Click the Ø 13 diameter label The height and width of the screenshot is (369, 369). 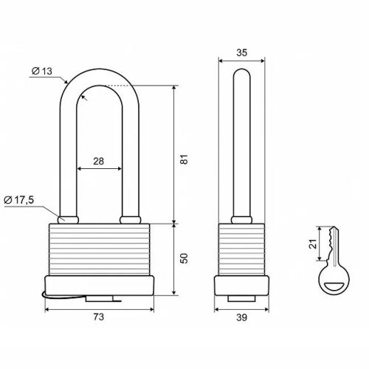42,71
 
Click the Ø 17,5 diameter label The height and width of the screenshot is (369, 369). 19,200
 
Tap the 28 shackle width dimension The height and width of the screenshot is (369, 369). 99,161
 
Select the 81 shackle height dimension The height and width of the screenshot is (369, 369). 184,159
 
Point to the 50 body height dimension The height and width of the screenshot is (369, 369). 184,258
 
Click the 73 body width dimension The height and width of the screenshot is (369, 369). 99,317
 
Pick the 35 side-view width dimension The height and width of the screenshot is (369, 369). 241,52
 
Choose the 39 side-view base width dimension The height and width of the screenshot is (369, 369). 241,317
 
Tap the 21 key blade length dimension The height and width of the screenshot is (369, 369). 313,244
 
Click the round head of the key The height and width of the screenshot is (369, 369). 334,280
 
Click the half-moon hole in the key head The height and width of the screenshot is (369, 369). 334,286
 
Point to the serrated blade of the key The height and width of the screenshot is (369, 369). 333,244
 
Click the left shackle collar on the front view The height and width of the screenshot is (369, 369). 68,220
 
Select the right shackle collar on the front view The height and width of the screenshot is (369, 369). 131,220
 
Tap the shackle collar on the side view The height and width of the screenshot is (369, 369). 241,220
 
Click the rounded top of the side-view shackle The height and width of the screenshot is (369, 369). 241,73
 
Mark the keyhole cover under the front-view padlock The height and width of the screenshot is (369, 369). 99,299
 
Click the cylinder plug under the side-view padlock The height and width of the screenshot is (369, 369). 241,298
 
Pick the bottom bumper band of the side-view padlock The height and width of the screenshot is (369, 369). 241,286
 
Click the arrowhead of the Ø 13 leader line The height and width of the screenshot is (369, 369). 66,81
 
